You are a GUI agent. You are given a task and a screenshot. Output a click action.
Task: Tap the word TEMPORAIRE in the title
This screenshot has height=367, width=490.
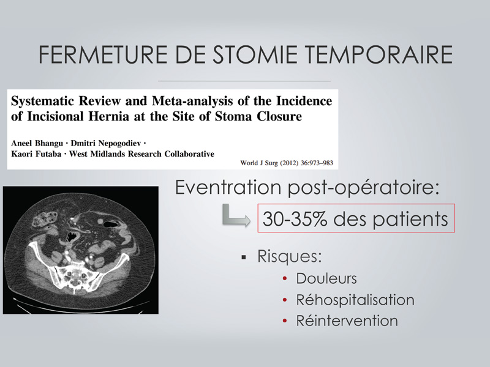(x=379, y=54)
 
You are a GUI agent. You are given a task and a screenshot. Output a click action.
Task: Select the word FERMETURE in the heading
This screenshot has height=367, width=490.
(x=103, y=54)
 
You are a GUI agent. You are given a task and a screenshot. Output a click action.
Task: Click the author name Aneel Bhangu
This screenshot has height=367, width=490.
(x=37, y=143)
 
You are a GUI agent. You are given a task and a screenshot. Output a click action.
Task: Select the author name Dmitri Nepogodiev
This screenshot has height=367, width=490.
(x=105, y=143)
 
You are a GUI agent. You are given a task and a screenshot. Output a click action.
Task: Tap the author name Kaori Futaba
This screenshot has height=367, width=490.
(x=36, y=154)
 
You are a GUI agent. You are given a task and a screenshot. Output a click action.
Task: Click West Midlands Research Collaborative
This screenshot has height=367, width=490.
(x=141, y=154)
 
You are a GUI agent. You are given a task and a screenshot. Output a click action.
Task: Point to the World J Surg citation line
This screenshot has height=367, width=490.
(x=287, y=163)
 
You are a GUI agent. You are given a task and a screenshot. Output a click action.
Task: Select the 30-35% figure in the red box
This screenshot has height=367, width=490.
(x=295, y=218)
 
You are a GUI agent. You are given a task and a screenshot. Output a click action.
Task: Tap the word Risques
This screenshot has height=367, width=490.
(x=289, y=256)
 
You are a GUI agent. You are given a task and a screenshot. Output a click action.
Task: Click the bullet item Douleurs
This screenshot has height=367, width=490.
(x=326, y=278)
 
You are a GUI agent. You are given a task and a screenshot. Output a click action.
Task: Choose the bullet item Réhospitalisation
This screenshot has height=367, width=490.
(x=355, y=300)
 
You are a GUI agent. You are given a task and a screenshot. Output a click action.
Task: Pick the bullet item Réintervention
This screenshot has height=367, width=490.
(x=347, y=321)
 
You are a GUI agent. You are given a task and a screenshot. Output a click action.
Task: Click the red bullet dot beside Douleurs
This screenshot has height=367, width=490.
(x=284, y=278)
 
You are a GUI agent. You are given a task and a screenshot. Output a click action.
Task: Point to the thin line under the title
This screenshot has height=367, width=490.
(x=244, y=81)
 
